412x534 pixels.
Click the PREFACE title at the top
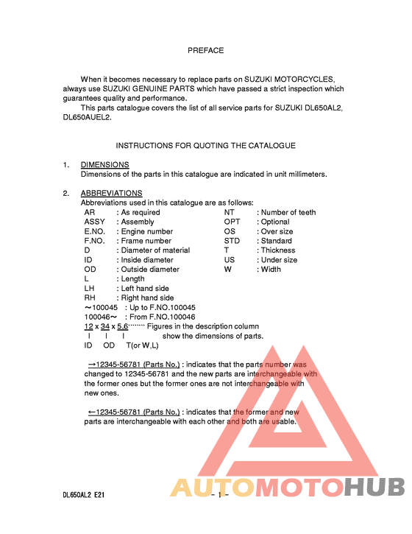[205, 51]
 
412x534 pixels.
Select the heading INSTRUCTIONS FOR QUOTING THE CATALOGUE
[205, 146]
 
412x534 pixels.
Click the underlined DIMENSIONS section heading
[104, 165]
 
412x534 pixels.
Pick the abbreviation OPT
[232, 222]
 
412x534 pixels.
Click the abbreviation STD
[232, 241]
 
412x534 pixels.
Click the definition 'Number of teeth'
[288, 212]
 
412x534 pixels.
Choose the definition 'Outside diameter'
[150, 270]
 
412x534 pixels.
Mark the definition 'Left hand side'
[145, 289]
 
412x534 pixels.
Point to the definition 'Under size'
[280, 260]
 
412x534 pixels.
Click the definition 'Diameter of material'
[155, 250]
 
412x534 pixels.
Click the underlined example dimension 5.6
[123, 326]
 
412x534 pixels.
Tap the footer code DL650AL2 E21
[83, 495]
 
